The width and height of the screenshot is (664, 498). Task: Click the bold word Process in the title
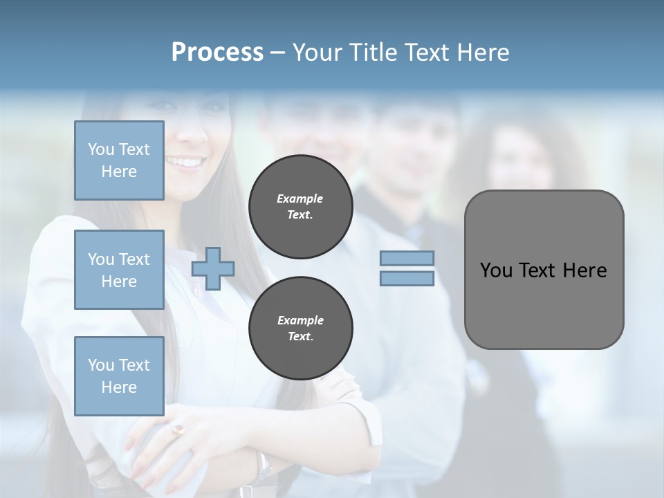pyautogui.click(x=217, y=53)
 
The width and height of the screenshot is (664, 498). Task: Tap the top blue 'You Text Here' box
pyautogui.click(x=119, y=160)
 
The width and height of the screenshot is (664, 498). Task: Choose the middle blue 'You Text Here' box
pyautogui.click(x=119, y=270)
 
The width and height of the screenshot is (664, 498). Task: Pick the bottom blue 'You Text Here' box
pyautogui.click(x=119, y=376)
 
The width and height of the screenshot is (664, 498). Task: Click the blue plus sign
pyautogui.click(x=212, y=269)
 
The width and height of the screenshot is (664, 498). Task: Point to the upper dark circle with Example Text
pyautogui.click(x=300, y=207)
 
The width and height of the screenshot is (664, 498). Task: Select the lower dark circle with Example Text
pyautogui.click(x=300, y=329)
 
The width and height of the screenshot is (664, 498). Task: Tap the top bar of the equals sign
pyautogui.click(x=407, y=259)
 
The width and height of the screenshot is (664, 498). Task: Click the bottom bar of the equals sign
pyautogui.click(x=407, y=279)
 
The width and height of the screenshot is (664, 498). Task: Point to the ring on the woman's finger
pyautogui.click(x=179, y=430)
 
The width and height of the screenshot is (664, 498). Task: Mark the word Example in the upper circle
pyautogui.click(x=300, y=199)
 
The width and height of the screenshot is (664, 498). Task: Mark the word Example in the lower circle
pyautogui.click(x=300, y=320)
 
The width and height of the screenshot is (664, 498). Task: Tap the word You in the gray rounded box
pyautogui.click(x=496, y=270)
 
